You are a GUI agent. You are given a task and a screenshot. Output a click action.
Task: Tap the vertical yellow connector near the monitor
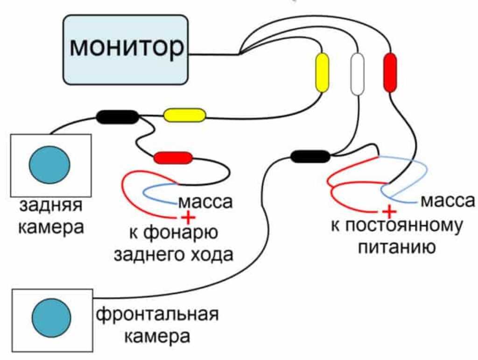click(x=322, y=72)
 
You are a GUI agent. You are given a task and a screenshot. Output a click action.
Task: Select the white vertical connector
click(x=357, y=74)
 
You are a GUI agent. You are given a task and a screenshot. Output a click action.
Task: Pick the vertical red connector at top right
click(x=390, y=72)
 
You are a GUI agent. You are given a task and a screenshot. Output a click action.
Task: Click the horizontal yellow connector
click(x=184, y=115)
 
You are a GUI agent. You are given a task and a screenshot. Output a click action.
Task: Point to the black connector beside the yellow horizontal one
click(x=118, y=117)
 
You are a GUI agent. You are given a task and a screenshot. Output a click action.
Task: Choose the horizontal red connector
click(x=173, y=158)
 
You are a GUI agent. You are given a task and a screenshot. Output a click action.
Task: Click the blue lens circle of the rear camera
click(x=49, y=164)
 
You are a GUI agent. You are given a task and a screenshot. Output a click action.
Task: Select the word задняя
click(x=51, y=206)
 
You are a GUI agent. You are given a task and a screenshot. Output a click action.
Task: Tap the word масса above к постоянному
click(x=447, y=202)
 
